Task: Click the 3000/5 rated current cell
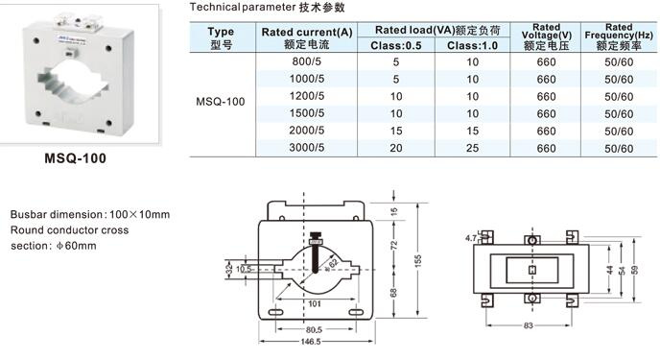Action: point(306,148)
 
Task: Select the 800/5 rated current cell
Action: point(306,61)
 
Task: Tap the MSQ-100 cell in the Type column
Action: point(220,102)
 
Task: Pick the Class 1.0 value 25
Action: point(472,148)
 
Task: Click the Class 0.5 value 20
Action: point(395,148)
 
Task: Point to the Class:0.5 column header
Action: point(395,45)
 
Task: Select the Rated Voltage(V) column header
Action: point(547,37)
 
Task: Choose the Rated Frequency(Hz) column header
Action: point(619,37)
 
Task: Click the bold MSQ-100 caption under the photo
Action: point(76,158)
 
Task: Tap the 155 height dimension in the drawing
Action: point(417,260)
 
